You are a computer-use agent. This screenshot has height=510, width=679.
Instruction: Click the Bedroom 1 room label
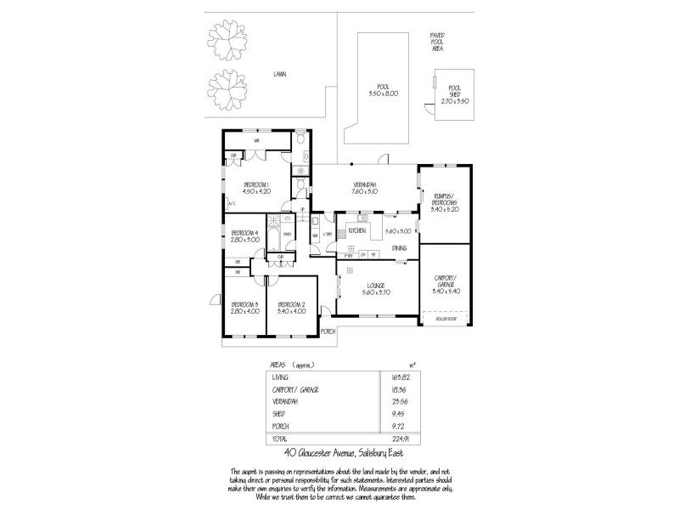click(255, 184)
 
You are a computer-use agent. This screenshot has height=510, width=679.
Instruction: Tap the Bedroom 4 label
click(244, 232)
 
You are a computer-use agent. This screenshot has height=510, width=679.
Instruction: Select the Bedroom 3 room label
click(244, 303)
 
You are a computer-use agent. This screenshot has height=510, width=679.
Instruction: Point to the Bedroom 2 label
click(291, 303)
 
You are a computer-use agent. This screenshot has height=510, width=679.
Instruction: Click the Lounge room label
click(376, 285)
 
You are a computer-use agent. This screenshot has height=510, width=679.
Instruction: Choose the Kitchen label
click(356, 230)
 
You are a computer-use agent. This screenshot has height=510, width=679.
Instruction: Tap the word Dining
click(399, 248)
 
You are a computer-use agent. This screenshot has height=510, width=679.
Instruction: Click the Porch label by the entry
click(328, 331)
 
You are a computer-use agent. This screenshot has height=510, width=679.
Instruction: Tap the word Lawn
click(279, 75)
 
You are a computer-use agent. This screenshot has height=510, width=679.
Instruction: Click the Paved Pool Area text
click(437, 42)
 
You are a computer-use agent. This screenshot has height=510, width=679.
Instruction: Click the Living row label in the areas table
click(280, 376)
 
